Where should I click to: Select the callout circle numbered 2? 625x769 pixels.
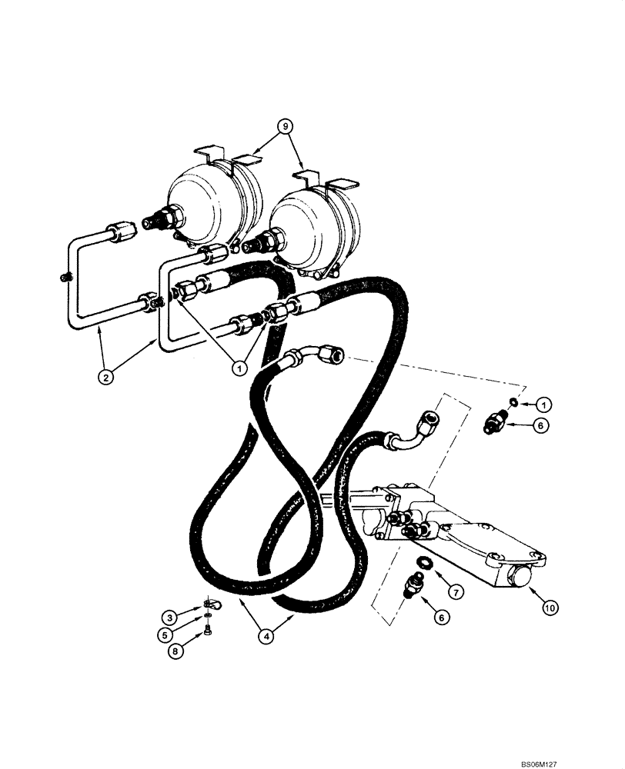[x=108, y=376]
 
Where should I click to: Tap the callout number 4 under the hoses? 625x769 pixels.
[x=266, y=636]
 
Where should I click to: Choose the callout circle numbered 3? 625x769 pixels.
[x=167, y=616]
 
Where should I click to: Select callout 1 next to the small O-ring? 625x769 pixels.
[x=543, y=403]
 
